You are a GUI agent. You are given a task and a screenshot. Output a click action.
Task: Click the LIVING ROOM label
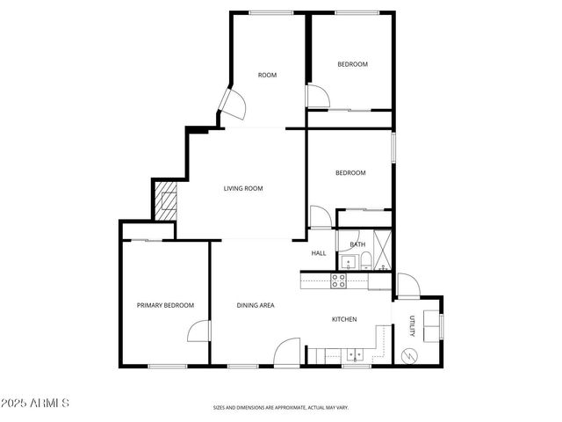(243, 188)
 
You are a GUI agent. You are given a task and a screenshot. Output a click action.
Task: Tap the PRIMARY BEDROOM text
(165, 305)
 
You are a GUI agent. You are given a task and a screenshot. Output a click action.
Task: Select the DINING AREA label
(256, 305)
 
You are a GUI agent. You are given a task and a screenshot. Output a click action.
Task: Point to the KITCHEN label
(343, 319)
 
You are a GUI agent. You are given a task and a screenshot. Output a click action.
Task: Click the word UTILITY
(411, 325)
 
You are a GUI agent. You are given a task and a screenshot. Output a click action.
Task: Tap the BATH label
(357, 244)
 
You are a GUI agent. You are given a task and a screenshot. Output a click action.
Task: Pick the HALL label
(319, 254)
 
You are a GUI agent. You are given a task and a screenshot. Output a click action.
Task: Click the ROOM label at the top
(267, 76)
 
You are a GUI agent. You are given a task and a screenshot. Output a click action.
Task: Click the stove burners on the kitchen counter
(338, 280)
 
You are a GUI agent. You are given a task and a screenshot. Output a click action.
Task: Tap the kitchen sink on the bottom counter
(356, 356)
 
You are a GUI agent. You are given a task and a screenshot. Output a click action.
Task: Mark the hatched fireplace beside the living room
(165, 202)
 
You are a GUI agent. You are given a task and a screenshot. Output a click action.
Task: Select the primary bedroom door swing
(198, 331)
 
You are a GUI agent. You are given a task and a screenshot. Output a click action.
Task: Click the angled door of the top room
(233, 105)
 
